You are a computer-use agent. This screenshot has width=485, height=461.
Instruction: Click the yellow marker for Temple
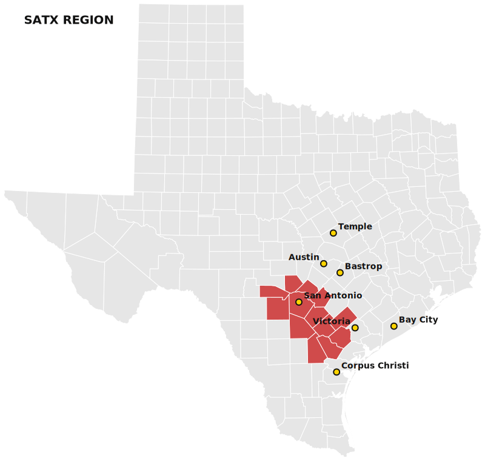(333, 233)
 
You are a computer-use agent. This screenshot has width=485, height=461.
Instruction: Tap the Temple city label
(355, 227)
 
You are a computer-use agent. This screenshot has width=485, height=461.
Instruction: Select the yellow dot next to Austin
(324, 264)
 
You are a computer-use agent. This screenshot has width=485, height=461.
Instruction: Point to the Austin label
(304, 257)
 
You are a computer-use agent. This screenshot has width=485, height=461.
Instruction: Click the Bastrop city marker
(339, 273)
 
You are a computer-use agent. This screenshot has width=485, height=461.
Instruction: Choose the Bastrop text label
(364, 266)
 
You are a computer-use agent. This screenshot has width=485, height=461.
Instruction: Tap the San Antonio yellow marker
(298, 302)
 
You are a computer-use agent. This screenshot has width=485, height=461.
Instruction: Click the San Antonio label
(333, 295)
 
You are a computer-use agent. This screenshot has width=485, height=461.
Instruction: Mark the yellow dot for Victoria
(355, 328)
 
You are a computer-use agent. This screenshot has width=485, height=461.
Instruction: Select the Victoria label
(332, 321)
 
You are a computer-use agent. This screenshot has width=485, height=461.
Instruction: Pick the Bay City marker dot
(393, 326)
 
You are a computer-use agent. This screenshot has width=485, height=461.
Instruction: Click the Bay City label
(418, 320)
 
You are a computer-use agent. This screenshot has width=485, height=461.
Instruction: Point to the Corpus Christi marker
(336, 372)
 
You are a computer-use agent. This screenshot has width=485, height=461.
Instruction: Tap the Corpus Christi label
(375, 365)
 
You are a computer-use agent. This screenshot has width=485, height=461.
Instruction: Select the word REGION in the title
(88, 20)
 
